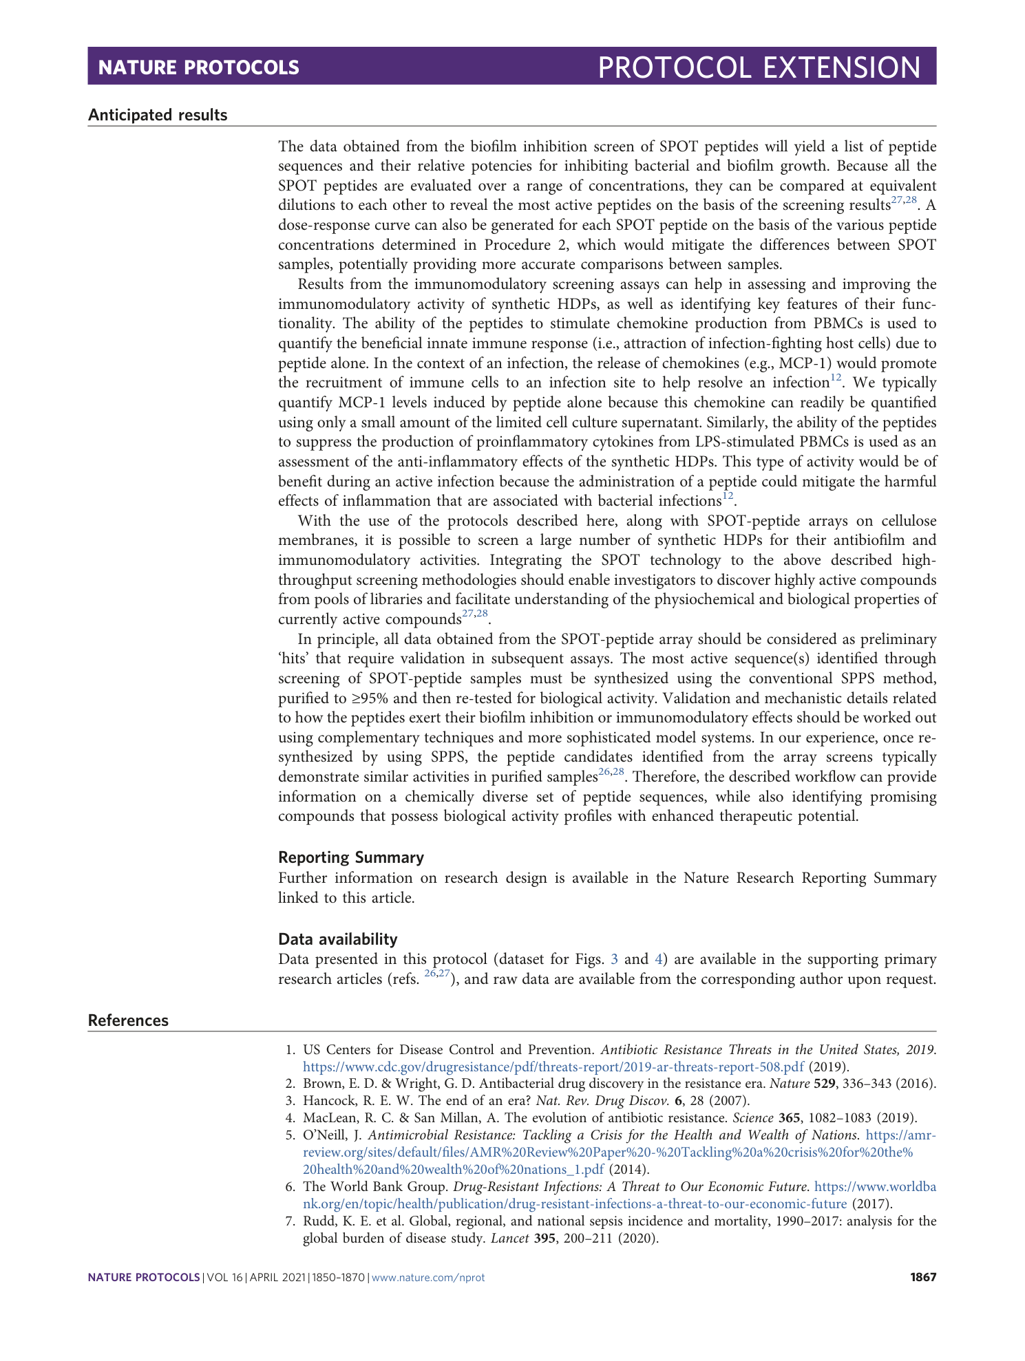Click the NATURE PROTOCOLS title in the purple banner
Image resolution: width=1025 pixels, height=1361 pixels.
(198, 67)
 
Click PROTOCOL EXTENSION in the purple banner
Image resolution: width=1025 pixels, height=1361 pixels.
(759, 67)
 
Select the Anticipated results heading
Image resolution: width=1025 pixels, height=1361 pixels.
(158, 115)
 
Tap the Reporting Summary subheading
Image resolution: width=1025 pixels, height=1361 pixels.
(350, 857)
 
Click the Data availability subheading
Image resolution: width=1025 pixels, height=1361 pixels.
(337, 939)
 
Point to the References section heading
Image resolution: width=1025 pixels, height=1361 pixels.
(128, 1020)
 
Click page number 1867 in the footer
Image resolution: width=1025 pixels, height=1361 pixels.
(923, 1277)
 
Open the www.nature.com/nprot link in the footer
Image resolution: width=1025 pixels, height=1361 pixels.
(428, 1277)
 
